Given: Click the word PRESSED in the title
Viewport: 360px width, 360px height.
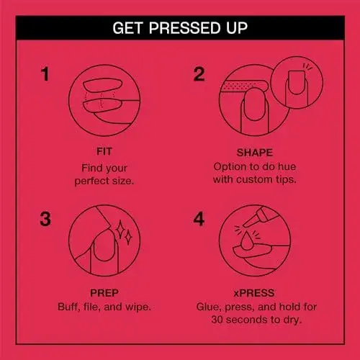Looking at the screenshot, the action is pos(184,28).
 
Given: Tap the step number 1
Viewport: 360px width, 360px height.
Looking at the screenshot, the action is pos(45,74).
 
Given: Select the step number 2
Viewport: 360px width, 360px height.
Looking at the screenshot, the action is pos(199,74).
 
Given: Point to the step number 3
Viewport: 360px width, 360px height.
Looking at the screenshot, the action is pos(45,219).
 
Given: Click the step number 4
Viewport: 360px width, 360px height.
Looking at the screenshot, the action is pos(199,219).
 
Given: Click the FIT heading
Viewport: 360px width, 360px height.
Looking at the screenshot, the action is pos(104,151).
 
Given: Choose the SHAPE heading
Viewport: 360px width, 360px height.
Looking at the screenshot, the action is pos(255,153).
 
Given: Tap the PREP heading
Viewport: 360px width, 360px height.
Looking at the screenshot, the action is pos(104,293).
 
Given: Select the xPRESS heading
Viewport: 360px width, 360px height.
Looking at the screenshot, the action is pos(254,293).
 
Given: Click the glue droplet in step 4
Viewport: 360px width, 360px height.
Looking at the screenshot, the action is pos(246,242).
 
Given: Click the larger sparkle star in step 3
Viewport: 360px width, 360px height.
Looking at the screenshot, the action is pos(120,230).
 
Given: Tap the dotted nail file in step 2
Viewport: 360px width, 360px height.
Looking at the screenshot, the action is pos(244,86).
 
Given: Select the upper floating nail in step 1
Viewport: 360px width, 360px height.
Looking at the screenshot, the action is pos(103,85).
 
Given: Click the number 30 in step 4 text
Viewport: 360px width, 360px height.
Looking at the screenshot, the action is pos(217,320).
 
